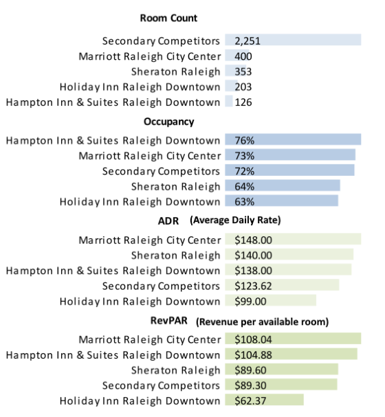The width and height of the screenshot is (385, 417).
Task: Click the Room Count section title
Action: [168, 19]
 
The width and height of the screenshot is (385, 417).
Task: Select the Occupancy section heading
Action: [168, 122]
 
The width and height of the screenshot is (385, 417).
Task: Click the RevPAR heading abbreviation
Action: [169, 320]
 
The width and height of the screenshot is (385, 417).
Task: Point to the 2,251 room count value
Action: [247, 41]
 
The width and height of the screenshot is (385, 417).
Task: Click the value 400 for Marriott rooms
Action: [243, 56]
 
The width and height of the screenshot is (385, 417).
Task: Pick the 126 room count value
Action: [243, 102]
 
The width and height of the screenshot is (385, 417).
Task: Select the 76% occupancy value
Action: [245, 141]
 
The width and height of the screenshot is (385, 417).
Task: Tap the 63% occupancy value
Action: [245, 201]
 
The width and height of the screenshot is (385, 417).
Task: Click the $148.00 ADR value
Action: [254, 240]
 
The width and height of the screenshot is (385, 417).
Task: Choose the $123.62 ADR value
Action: [254, 286]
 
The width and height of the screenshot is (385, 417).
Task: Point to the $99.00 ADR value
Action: [252, 301]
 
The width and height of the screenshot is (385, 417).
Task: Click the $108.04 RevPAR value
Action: [254, 339]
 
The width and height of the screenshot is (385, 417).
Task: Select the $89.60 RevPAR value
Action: [252, 370]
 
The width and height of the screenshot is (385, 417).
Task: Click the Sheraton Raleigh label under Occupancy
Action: [176, 186]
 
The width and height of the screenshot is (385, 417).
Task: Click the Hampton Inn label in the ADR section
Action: [113, 271]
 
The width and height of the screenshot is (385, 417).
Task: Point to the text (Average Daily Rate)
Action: [236, 221]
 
